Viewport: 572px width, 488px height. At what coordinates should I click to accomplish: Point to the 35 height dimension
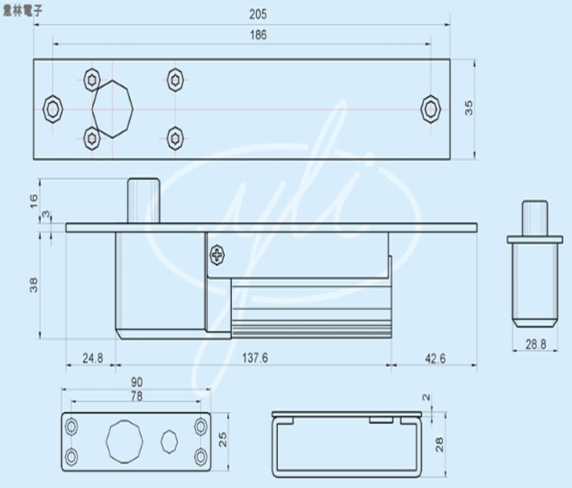(x=469, y=108)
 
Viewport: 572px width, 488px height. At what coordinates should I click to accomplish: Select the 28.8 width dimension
(x=534, y=343)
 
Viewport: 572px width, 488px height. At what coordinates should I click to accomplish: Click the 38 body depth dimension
(x=33, y=286)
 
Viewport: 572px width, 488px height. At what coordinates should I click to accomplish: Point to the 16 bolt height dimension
(x=33, y=199)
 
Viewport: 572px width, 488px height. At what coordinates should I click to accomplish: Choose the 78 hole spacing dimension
(x=136, y=396)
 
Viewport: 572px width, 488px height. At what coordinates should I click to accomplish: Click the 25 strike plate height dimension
(x=223, y=440)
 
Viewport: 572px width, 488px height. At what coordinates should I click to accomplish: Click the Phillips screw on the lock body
(x=217, y=256)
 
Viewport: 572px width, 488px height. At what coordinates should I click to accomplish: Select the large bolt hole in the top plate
(x=113, y=109)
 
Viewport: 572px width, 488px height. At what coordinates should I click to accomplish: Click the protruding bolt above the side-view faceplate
(x=144, y=199)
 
